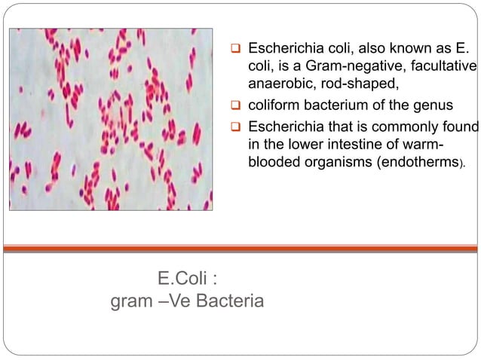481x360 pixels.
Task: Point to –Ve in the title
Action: tap(170, 303)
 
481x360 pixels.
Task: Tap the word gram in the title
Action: tap(131, 303)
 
